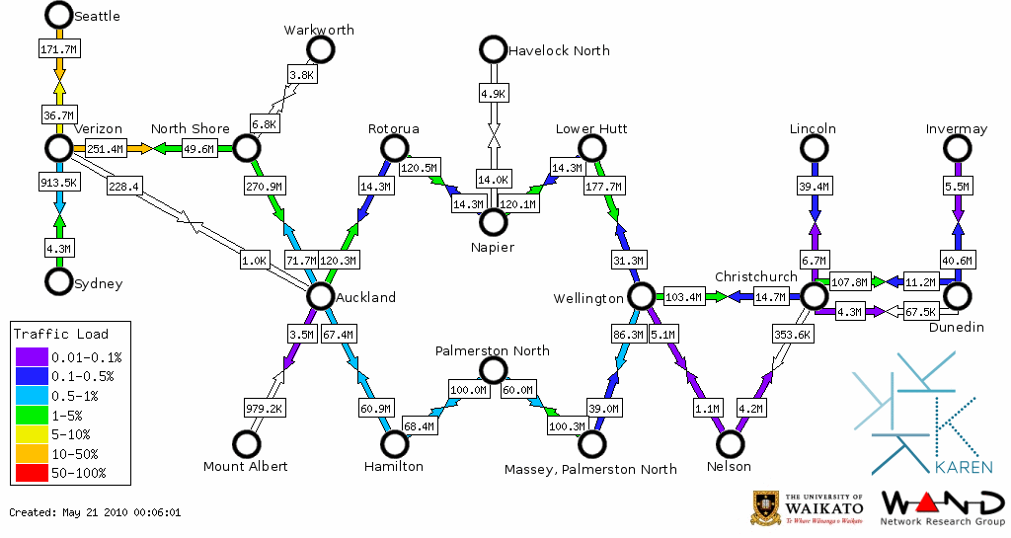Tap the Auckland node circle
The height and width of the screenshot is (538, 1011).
tap(319, 295)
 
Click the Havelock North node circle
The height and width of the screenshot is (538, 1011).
tap(492, 48)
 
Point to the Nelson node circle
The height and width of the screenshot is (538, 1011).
tap(728, 444)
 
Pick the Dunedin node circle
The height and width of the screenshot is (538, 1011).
tap(956, 295)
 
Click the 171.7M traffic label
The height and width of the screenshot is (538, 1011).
tap(59, 48)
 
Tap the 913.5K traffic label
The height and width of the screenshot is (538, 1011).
tap(59, 183)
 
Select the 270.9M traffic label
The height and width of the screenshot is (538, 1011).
tap(264, 185)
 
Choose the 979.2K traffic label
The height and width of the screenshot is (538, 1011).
tap(265, 407)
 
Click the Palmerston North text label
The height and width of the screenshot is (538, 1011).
tap(493, 351)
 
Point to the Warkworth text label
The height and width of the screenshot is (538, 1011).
tap(319, 31)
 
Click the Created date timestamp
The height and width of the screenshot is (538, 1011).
tap(95, 512)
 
